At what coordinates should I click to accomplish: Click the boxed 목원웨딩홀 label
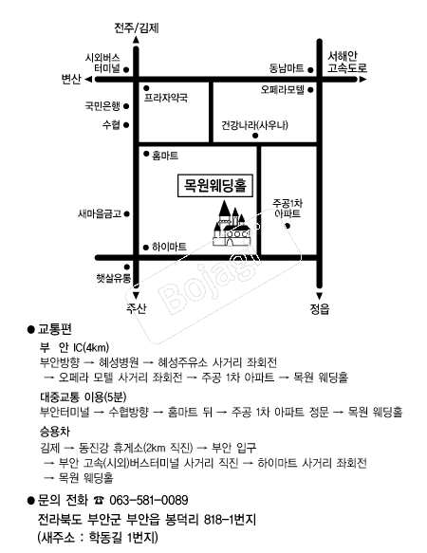pyautogui.click(x=215, y=185)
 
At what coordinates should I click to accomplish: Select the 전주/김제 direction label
pyautogui.click(x=137, y=28)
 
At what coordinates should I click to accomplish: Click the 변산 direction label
pyautogui.click(x=71, y=79)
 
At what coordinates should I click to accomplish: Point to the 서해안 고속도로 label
pyautogui.click(x=347, y=62)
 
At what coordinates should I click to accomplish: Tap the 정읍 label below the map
pyautogui.click(x=320, y=309)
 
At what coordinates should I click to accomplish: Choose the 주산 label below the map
pyautogui.click(x=136, y=308)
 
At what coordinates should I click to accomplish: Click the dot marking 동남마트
pyautogui.click(x=310, y=70)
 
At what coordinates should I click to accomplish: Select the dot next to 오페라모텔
pyautogui.click(x=310, y=90)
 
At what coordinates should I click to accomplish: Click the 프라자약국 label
pyautogui.click(x=165, y=98)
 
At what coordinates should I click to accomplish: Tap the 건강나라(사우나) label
pyautogui.click(x=255, y=125)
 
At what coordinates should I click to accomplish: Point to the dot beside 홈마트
pyautogui.click(x=146, y=154)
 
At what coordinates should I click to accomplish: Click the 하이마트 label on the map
pyautogui.click(x=169, y=247)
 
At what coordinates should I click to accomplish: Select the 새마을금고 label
pyautogui.click(x=100, y=213)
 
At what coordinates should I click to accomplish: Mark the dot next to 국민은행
pyautogui.click(x=126, y=106)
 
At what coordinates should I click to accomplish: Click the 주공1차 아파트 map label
pyautogui.click(x=288, y=209)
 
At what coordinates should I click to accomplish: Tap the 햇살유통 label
pyautogui.click(x=114, y=278)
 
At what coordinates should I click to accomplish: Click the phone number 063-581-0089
pyautogui.click(x=149, y=500)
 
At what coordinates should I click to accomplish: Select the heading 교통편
pyautogui.click(x=55, y=329)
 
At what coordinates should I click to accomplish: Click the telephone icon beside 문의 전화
pyautogui.click(x=99, y=501)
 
